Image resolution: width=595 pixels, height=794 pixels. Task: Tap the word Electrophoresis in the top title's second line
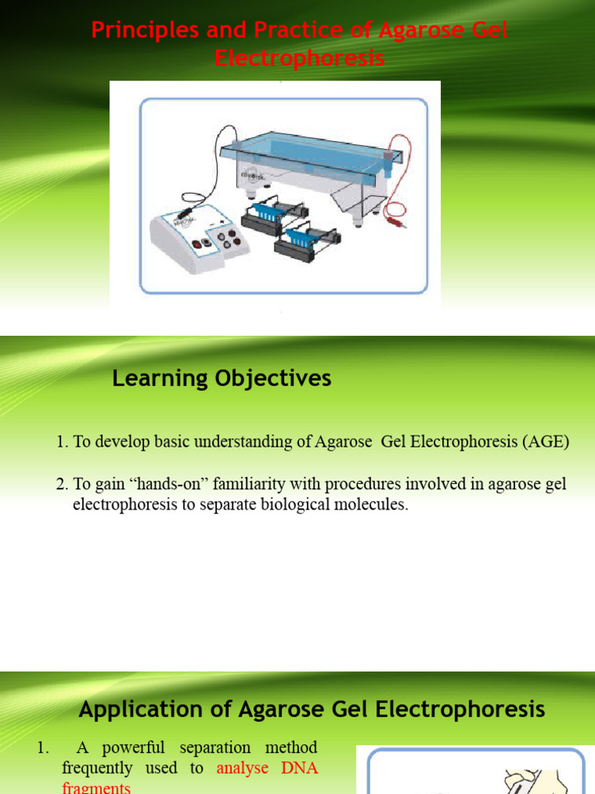(x=300, y=59)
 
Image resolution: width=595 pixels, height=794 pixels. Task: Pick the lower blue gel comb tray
(x=302, y=236)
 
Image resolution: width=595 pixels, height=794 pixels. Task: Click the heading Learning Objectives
(x=222, y=378)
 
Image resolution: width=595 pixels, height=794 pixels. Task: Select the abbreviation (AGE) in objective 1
(x=545, y=442)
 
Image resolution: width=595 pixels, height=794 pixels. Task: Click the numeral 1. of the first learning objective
(x=62, y=442)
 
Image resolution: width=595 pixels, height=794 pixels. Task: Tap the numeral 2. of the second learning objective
(x=62, y=485)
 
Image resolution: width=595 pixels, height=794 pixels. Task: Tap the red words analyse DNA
(x=267, y=768)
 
